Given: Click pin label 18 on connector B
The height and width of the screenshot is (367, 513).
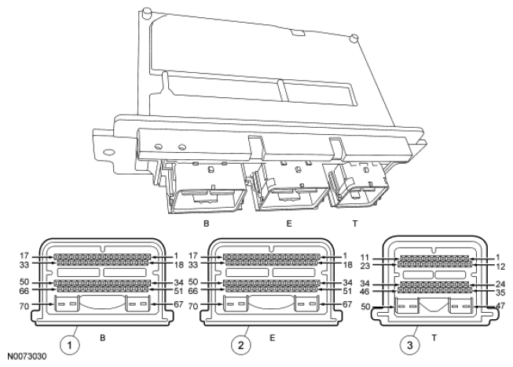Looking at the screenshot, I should click(180, 265).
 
